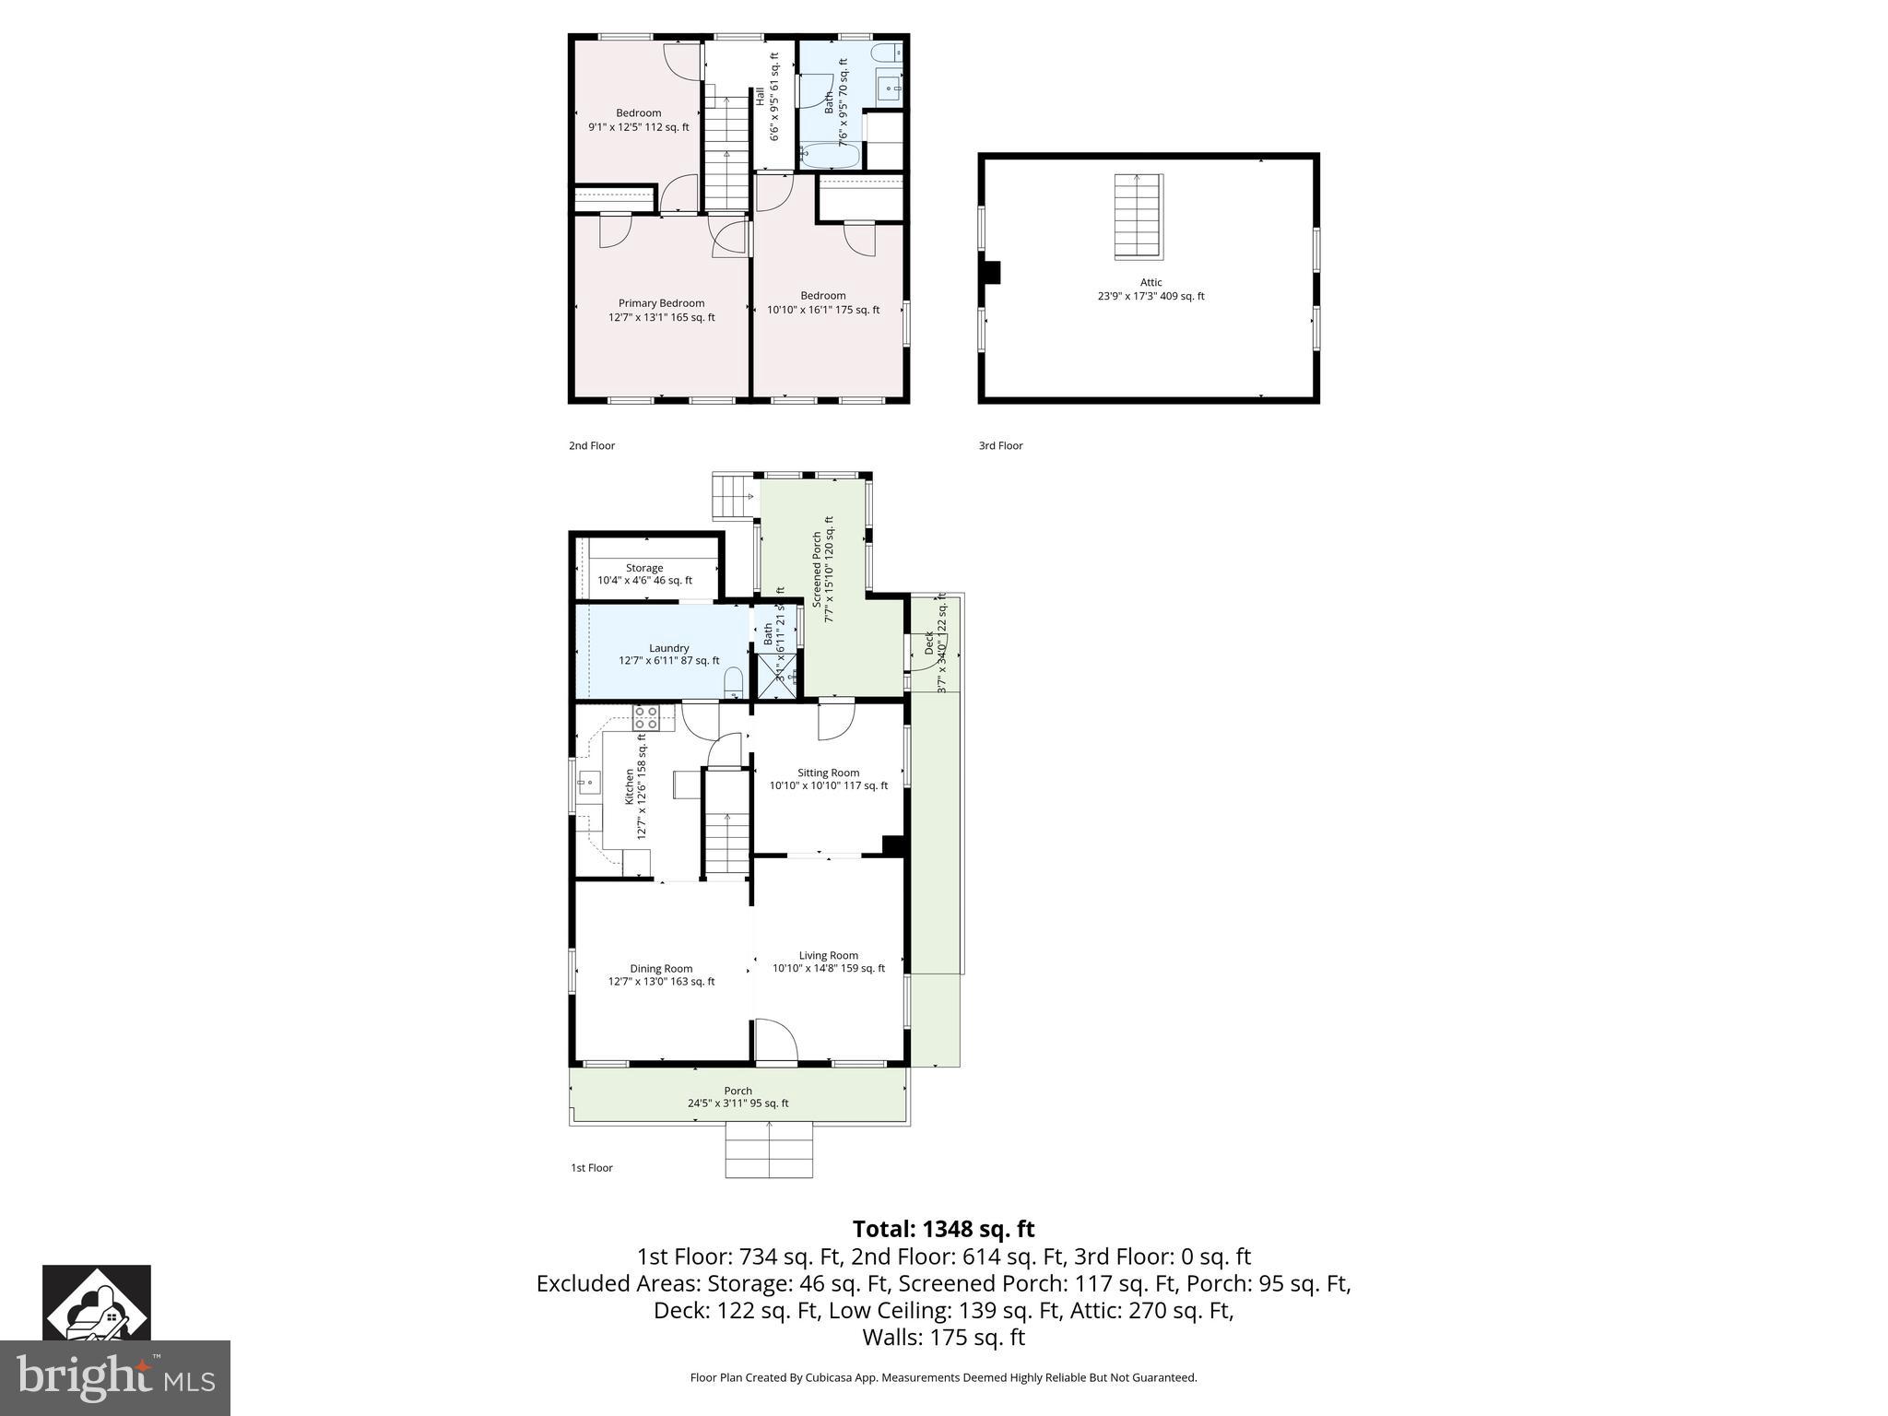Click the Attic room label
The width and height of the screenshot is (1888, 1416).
pos(1150,283)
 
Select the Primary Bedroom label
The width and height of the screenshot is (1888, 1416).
pos(661,303)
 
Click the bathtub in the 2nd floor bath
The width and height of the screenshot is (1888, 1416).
pos(831,155)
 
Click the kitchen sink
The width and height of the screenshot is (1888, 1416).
pos(587,785)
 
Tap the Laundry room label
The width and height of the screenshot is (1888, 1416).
pos(668,648)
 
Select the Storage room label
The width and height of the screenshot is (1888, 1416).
pos(644,569)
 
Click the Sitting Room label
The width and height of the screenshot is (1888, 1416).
pos(828,773)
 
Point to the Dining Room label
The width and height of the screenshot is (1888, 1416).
pos(661,969)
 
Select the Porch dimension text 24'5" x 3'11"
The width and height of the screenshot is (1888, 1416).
pos(737,1103)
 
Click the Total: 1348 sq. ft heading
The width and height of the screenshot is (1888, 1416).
pos(943,1229)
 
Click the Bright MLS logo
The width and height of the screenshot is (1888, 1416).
pos(114,1377)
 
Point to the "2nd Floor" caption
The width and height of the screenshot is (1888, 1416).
pos(591,446)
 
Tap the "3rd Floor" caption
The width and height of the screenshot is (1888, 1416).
pos(1000,446)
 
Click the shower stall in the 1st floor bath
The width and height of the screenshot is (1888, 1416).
pos(776,676)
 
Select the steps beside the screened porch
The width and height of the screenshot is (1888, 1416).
pos(734,496)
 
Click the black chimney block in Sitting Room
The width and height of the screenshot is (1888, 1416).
pos(892,845)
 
